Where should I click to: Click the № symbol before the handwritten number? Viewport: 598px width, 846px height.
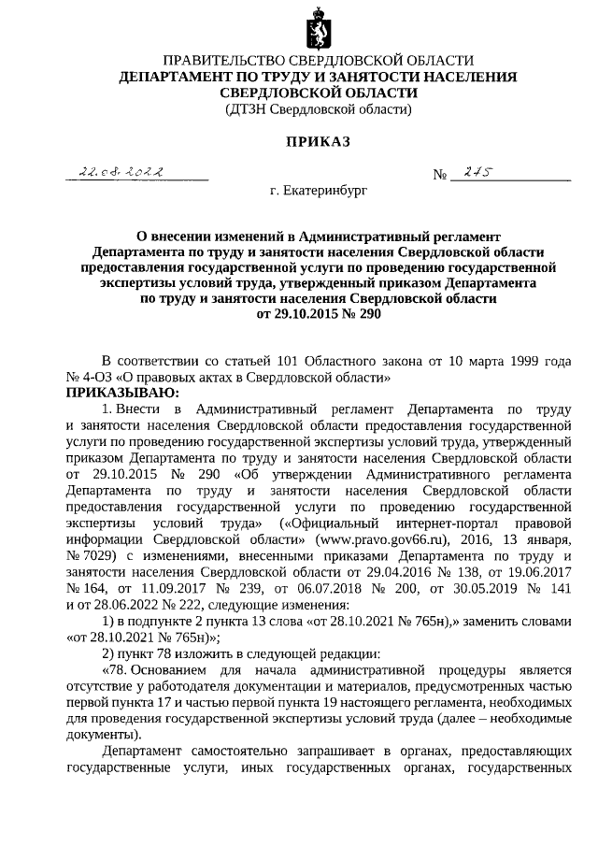coord(440,176)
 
